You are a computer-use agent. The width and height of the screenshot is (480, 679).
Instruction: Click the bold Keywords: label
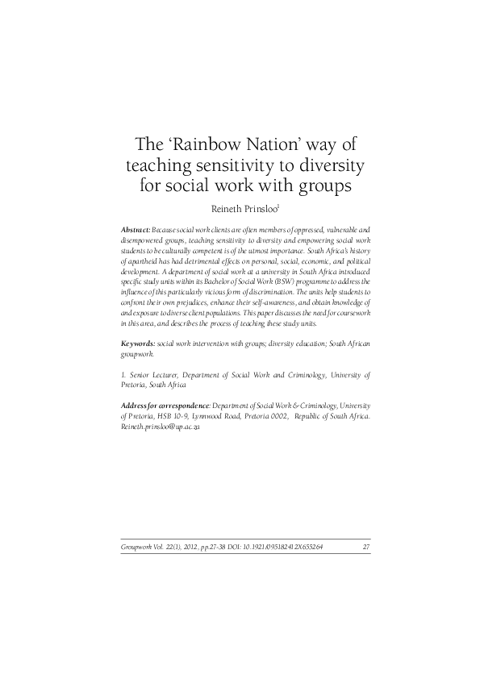(138, 344)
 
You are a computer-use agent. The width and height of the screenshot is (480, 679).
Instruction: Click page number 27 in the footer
(366, 548)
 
